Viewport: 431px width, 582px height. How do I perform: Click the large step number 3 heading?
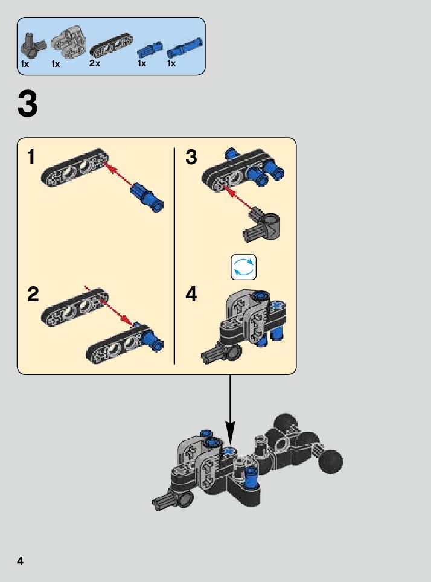(28, 104)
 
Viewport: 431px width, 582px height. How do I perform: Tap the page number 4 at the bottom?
(21, 561)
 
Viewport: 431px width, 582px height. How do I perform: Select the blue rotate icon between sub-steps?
(244, 267)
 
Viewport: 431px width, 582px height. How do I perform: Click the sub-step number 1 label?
(31, 158)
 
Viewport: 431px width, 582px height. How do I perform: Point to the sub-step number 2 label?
(33, 294)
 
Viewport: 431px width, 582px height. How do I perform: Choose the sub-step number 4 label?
(191, 294)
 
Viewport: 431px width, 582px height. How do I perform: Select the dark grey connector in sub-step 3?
(263, 223)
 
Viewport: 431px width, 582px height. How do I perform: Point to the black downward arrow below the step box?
(230, 411)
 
